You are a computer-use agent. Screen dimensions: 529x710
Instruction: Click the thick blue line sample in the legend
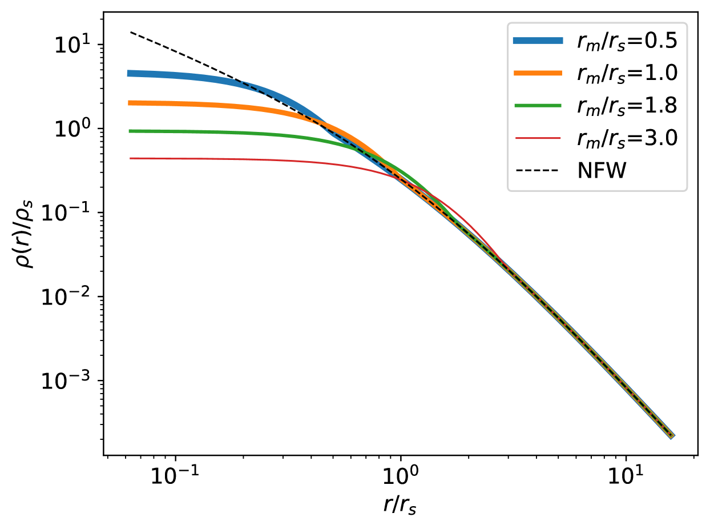click(538, 41)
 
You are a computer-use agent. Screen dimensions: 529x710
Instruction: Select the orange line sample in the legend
click(538, 73)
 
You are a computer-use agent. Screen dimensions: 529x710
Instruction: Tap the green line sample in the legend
click(538, 106)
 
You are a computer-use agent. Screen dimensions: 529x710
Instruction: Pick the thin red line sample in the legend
click(538, 138)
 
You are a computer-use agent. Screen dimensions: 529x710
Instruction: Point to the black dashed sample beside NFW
click(538, 171)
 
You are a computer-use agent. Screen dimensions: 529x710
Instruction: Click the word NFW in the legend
click(602, 171)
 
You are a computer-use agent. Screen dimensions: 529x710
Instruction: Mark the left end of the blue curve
click(128, 73)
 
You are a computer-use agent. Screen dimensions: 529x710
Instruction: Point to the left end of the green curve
click(130, 131)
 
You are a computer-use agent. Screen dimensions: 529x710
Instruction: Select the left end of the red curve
click(130, 158)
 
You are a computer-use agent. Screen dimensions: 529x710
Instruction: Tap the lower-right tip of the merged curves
click(672, 436)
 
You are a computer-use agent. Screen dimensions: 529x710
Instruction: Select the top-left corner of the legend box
click(507, 23)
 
